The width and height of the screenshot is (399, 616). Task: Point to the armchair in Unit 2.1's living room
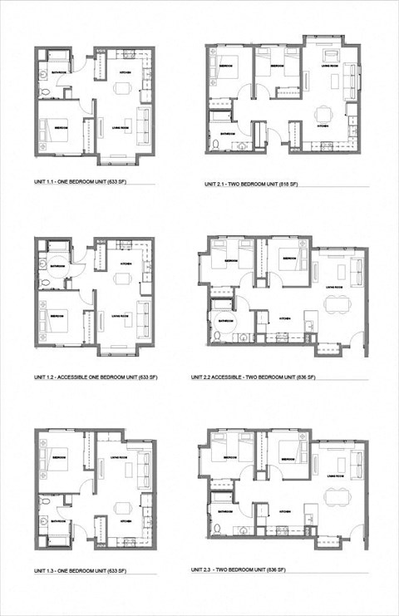point(331,57)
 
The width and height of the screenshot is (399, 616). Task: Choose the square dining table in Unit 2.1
point(323,111)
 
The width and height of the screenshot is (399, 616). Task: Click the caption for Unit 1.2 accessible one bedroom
point(96,377)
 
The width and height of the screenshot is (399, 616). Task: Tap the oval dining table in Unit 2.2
point(338,304)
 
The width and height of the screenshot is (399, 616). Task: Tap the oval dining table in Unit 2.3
point(338,500)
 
